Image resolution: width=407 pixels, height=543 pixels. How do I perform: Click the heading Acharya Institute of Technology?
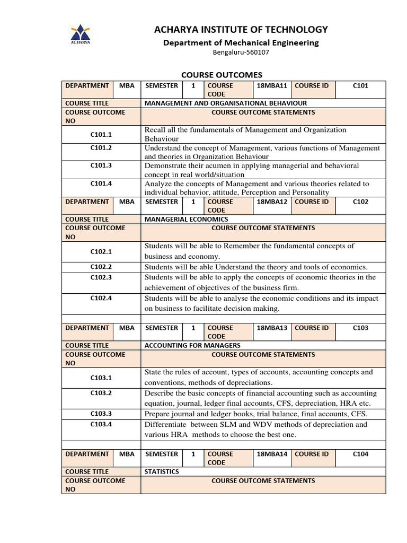pos(241,29)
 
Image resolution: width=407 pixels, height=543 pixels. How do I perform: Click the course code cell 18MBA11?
pos(272,85)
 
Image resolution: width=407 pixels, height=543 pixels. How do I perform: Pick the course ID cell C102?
pos(360,202)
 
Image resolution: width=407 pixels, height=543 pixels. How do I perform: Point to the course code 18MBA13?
pos(272,328)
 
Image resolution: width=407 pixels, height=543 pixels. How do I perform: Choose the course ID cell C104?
pos(360,454)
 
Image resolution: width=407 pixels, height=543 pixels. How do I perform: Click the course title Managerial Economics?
pos(187,219)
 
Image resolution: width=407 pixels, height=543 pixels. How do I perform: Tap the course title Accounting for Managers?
pos(192,345)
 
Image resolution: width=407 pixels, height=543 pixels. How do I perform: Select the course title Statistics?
pos(162,471)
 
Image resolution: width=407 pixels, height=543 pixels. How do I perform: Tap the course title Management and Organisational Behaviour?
pos(226,103)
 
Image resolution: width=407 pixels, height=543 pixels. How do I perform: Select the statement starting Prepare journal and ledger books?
pos(256,414)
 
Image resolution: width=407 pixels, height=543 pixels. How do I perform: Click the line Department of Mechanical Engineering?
pos(241,42)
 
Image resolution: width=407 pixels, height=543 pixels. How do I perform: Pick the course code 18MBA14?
pos(272,454)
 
